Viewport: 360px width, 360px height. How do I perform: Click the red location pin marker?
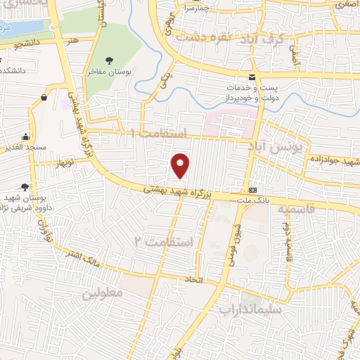click(181, 165)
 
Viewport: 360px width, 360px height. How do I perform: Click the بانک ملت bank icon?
click(252, 191)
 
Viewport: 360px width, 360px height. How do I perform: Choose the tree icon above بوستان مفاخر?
click(108, 60)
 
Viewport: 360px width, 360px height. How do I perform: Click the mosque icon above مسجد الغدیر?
click(26, 136)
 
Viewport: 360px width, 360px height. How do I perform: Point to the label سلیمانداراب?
click(250, 309)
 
